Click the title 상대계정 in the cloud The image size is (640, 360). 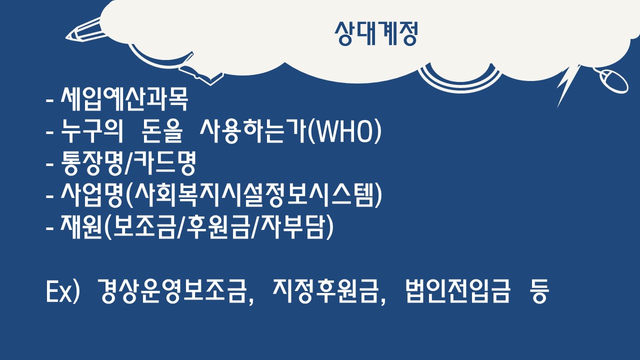pos(376,33)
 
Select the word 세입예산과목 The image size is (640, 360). pos(124,99)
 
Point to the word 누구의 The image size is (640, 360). pos(91,131)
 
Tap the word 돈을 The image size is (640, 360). pos(162,131)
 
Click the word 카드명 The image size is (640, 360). pos(165,163)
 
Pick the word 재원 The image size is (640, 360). pos(81,227)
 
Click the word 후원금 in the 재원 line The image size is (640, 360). pos(219,227)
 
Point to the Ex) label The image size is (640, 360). pos(63,291)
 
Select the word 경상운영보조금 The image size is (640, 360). pos(172,291)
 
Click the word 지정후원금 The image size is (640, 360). pos(325,291)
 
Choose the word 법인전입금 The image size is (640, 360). pos(457,291)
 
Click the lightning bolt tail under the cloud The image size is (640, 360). pos(567,85)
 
